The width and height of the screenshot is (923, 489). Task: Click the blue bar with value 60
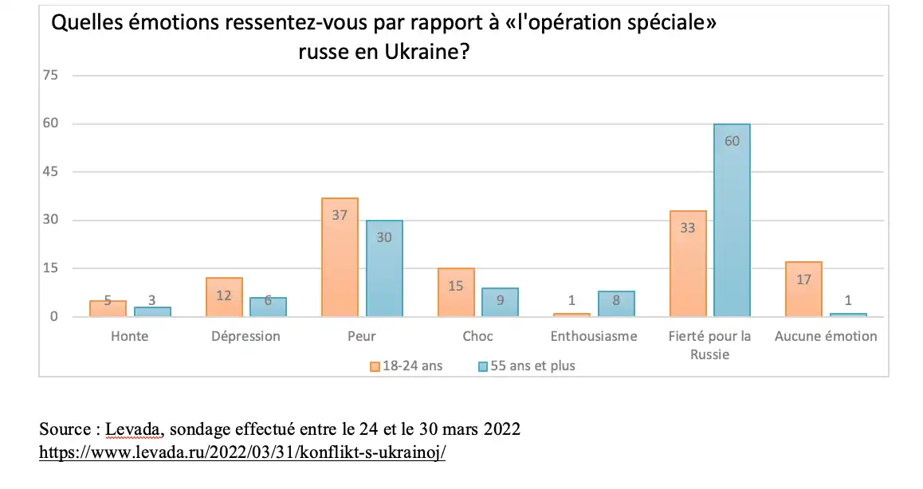click(x=732, y=220)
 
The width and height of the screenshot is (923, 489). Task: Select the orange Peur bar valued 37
click(x=340, y=256)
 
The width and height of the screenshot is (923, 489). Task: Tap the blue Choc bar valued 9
click(x=500, y=302)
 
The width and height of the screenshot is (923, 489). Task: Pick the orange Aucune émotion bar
click(x=803, y=288)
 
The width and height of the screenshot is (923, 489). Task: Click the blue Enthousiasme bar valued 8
click(x=616, y=303)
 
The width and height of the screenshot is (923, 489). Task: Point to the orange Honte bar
click(x=108, y=308)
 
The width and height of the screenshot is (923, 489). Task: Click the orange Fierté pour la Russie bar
click(x=688, y=263)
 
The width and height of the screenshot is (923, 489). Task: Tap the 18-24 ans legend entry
click(x=406, y=366)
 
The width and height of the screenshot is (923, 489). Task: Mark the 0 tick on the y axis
click(x=55, y=316)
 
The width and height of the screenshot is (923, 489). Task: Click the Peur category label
click(x=362, y=336)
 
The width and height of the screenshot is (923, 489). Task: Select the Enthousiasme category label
click(x=594, y=336)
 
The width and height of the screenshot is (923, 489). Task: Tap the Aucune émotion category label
click(x=826, y=336)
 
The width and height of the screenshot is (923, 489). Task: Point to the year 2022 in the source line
click(x=501, y=429)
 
